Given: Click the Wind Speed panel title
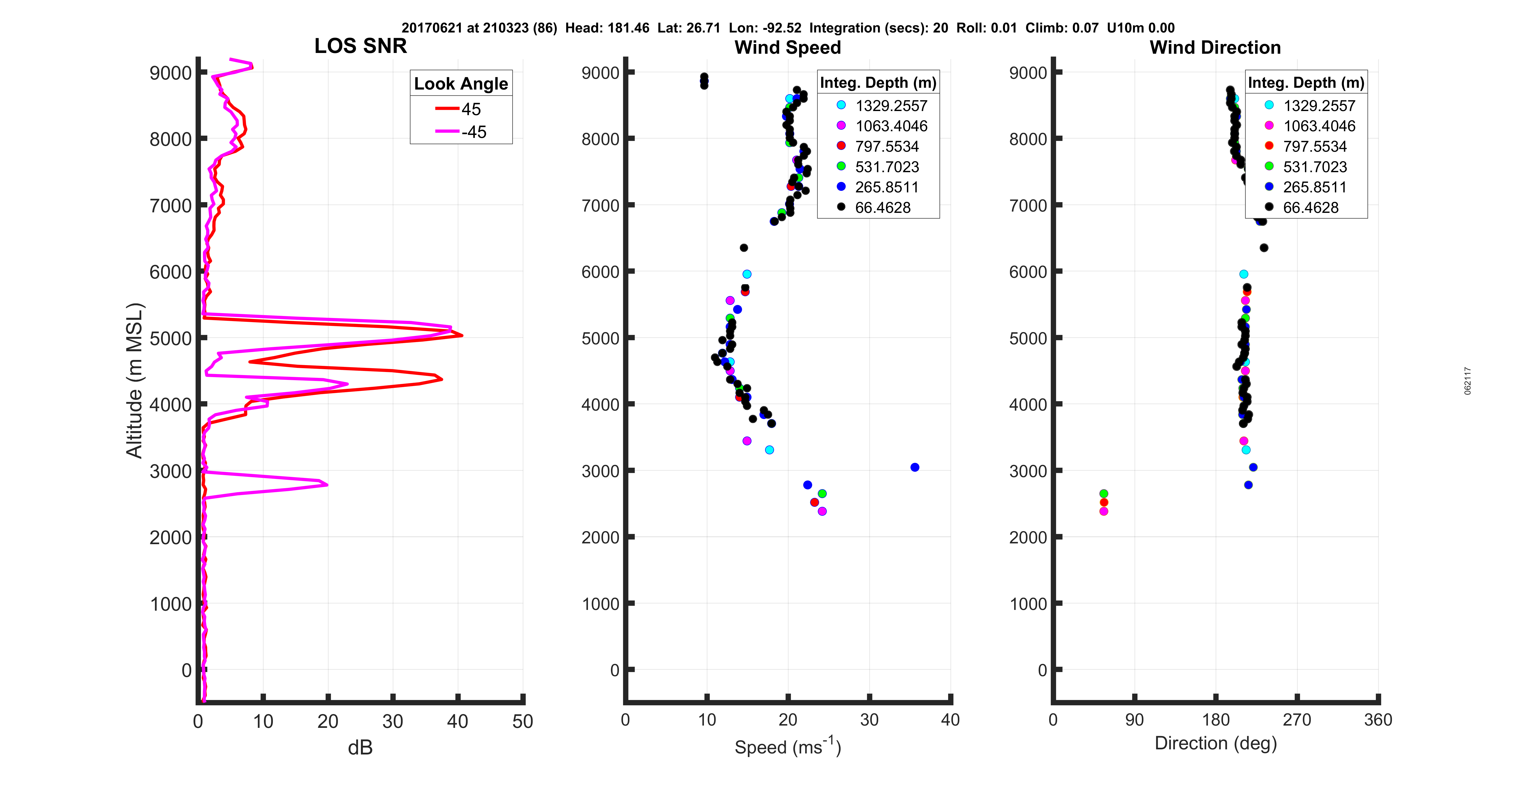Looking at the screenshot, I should (788, 47).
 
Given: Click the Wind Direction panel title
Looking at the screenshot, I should (1215, 47).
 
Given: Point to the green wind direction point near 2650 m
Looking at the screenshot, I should (1103, 494).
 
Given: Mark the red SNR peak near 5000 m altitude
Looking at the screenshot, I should (462, 335).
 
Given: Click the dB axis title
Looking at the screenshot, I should (360, 748).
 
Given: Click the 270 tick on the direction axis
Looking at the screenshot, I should (1296, 720).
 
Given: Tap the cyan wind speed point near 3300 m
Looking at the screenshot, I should (769, 450).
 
